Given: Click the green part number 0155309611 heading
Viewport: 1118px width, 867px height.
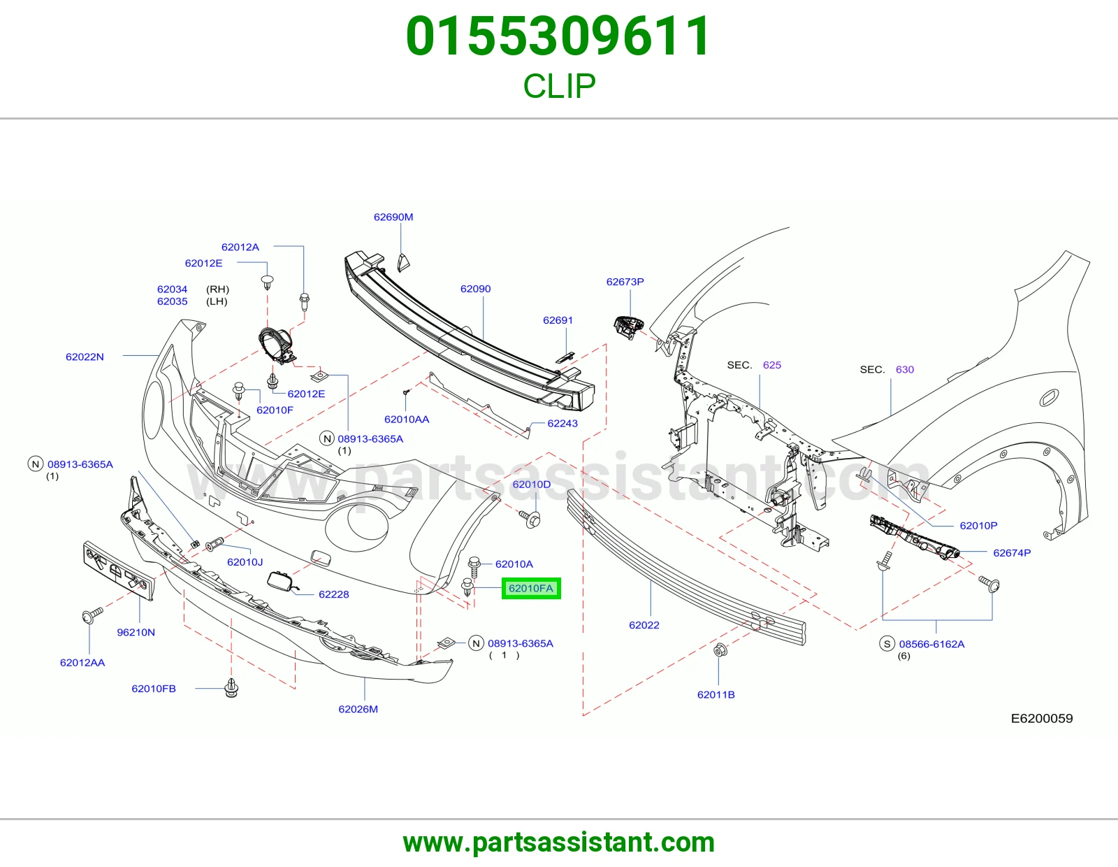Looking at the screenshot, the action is click(x=558, y=36).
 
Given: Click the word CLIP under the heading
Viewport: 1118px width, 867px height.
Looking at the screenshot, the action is click(x=559, y=86).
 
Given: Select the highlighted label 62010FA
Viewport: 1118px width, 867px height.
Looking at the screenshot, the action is click(x=531, y=588).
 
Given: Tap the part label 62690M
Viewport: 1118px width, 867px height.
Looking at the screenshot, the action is click(x=393, y=217).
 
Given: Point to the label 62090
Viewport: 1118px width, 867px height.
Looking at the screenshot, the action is click(x=475, y=289).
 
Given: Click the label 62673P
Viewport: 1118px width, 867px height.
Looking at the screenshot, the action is click(x=625, y=282).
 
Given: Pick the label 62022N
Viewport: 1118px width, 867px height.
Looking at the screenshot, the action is click(x=85, y=357).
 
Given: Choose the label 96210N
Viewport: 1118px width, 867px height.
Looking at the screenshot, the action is click(x=136, y=632).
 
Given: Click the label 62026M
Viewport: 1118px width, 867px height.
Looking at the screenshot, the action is click(x=358, y=709).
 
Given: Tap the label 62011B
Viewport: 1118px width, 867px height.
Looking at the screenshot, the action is click(x=716, y=694).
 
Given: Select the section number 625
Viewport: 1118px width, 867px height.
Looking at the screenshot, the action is click(x=771, y=365).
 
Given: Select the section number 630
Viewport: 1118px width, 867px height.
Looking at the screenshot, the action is click(x=904, y=370).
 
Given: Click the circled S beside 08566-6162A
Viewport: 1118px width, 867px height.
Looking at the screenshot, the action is click(x=887, y=643).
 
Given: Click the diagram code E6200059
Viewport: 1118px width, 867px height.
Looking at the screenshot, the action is click(x=1042, y=718).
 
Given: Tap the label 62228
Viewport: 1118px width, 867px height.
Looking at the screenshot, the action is click(x=334, y=594).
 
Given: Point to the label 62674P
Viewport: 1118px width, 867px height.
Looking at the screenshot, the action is click(x=1012, y=552).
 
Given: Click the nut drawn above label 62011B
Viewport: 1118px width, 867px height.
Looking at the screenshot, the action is click(x=720, y=650).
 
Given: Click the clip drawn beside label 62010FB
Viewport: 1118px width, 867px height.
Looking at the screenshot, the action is click(x=231, y=688).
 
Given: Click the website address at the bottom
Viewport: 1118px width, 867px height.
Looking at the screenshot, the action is click(x=559, y=843).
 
